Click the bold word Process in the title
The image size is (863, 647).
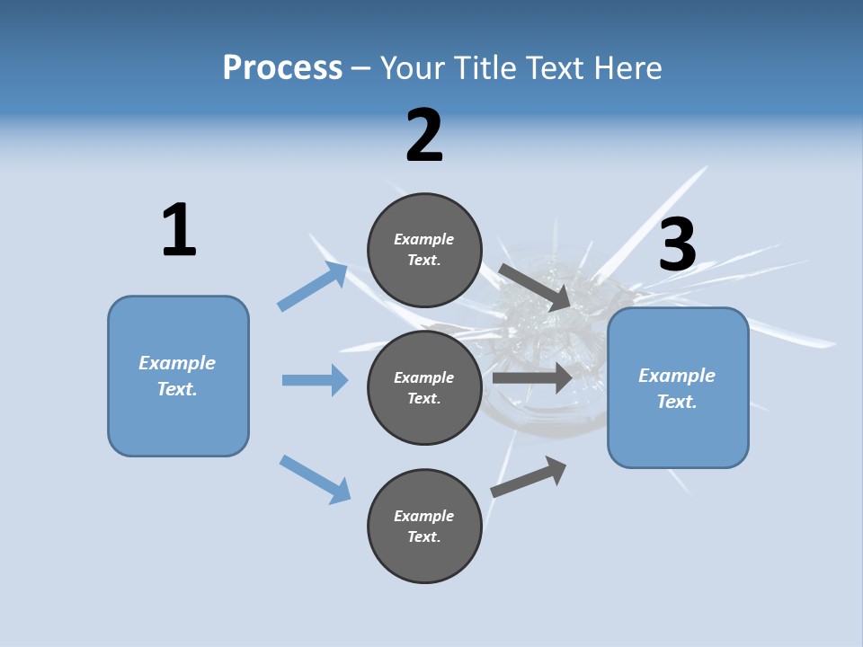[282, 67]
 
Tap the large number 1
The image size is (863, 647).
[179, 231]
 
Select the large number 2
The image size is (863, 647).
[424, 136]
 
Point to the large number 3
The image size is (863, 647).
[678, 245]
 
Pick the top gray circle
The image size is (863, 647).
[424, 250]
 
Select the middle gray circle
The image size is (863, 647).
[424, 388]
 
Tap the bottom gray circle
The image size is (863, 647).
[424, 527]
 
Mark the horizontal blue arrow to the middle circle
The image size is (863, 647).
[315, 380]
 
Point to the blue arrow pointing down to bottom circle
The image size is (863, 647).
[316, 479]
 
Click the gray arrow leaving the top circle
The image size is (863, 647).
[535, 287]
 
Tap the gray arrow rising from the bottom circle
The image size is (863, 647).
[529, 476]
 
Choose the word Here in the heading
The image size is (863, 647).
[629, 67]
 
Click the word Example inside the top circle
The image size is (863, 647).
[424, 239]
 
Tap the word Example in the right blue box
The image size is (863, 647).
[677, 376]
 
